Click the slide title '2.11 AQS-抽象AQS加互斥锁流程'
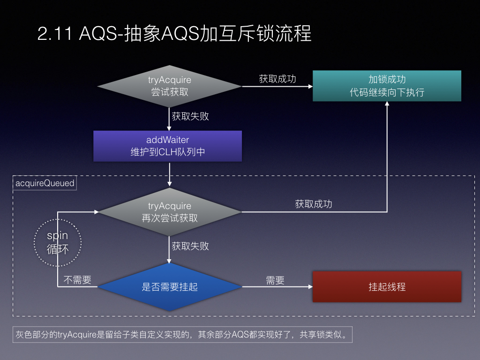[174, 33]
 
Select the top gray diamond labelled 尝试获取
[169, 86]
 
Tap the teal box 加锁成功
[387, 86]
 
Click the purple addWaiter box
[167, 146]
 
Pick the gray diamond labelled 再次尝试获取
[169, 212]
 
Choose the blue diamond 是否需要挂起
[170, 287]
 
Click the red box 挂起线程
[387, 287]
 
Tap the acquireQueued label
[45, 183]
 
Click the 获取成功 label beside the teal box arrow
[277, 79]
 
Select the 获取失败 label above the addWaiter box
[190, 116]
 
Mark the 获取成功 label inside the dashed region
[314, 204]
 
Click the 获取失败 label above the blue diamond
[190, 246]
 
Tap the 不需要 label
[77, 280]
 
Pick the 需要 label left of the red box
[275, 280]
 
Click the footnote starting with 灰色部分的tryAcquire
[182, 334]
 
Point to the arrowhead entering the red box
[310, 287]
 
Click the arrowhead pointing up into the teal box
[387, 104]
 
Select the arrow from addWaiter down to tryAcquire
[169, 174]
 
